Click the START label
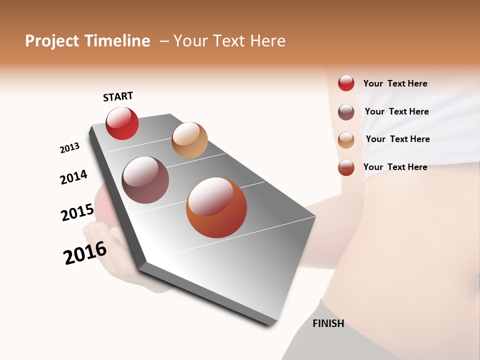point(118,96)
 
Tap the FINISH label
point(328,323)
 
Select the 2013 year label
point(70,147)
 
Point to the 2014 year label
point(74,177)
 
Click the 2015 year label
point(77,212)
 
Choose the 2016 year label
point(85,253)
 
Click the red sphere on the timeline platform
point(122,123)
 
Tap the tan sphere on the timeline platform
point(189,140)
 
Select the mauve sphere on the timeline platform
point(145,180)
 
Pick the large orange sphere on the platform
point(216,207)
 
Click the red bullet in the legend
point(346,83)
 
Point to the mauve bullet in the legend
point(346,111)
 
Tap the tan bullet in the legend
point(346,139)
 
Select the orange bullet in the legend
point(346,167)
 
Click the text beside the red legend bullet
point(395,83)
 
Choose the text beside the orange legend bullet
point(395,167)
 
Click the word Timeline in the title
point(117,41)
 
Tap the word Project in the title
point(52,41)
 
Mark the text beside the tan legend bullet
point(397,139)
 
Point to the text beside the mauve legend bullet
point(396,111)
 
